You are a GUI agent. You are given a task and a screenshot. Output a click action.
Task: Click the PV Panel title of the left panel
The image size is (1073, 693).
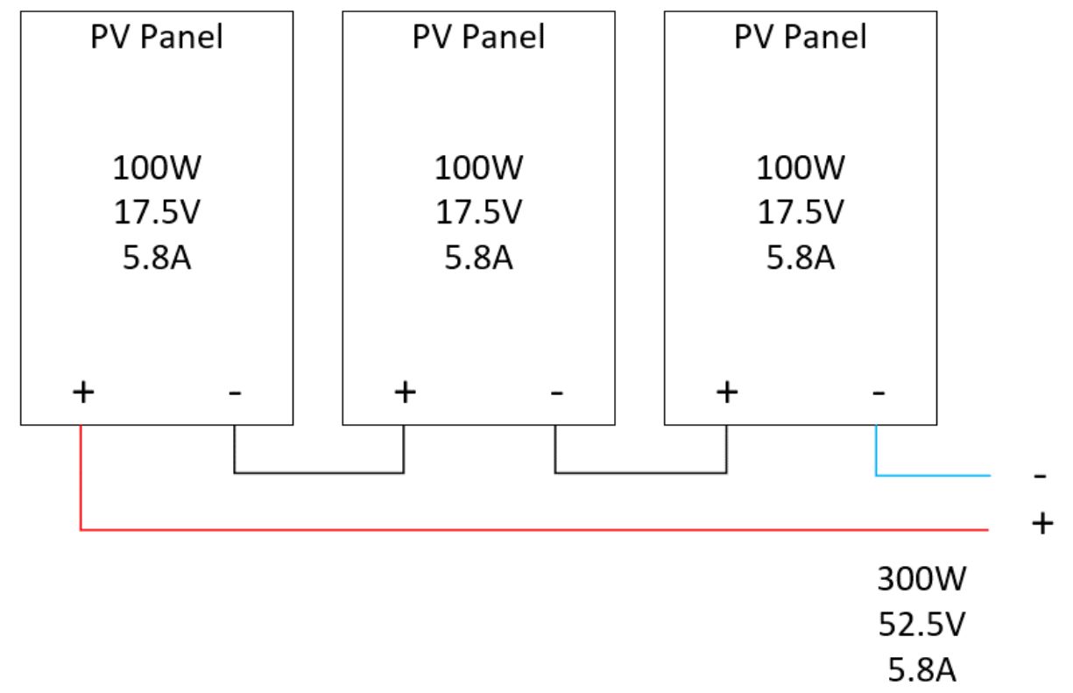(157, 37)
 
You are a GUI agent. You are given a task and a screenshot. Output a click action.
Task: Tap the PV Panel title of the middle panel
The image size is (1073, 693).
(478, 37)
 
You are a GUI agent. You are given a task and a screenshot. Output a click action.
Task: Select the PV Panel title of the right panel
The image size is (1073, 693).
(801, 37)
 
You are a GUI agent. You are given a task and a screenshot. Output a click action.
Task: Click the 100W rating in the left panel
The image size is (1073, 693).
(157, 167)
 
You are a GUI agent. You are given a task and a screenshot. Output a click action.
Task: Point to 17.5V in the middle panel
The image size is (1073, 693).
(478, 212)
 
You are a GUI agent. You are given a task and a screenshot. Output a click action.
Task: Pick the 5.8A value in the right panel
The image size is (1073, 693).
(801, 258)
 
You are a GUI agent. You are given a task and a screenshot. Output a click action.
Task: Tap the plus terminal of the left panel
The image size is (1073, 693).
(83, 392)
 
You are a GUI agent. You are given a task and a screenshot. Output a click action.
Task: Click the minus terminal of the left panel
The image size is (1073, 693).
(235, 393)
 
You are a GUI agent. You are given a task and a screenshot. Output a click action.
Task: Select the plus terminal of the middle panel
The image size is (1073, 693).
(406, 392)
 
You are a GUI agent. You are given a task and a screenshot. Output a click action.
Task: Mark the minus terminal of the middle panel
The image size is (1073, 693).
(556, 393)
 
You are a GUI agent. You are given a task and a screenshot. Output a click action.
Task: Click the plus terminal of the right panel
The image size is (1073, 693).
(727, 392)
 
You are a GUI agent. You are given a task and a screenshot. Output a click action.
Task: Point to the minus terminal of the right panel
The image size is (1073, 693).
(879, 393)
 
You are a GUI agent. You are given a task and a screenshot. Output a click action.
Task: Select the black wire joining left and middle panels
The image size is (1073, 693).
(319, 473)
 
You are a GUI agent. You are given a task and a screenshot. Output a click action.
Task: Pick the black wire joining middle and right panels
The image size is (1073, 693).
(641, 473)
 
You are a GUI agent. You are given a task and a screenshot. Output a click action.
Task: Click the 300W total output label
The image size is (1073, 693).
(921, 579)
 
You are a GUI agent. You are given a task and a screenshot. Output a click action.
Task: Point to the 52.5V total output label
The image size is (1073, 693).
(921, 624)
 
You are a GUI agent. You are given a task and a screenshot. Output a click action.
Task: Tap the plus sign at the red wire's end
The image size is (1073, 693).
(1042, 523)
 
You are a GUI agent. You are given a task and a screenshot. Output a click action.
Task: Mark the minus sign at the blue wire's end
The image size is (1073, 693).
(1040, 477)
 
